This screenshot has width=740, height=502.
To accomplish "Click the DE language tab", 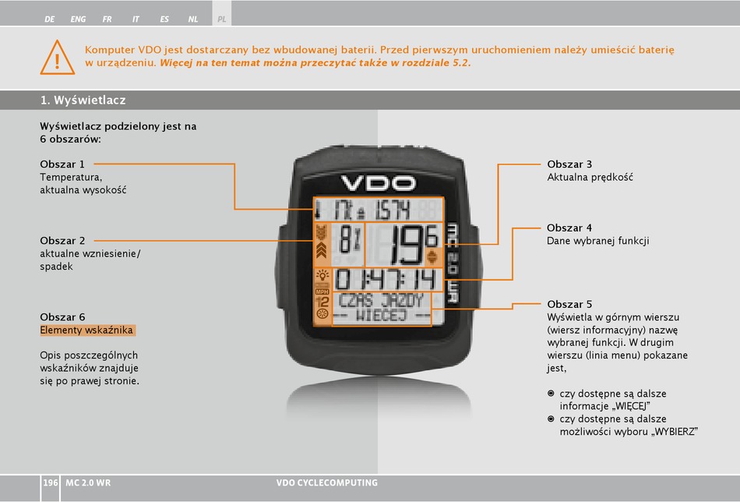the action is tap(50, 19).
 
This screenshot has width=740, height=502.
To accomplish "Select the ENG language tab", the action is tap(78, 19).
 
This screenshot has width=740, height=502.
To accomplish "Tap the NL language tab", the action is tap(193, 19).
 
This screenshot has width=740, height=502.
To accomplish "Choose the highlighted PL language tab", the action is tap(222, 19).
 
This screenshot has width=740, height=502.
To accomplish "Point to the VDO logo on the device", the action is tap(378, 182).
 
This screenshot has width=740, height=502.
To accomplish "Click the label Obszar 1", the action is tap(62, 164).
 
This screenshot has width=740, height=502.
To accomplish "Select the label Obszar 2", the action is tap(62, 240).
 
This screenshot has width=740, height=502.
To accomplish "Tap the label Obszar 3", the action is tap(569, 164).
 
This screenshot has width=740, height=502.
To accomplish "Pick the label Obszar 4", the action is tap(569, 228).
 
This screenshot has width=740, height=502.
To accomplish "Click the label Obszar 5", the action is tap(569, 304).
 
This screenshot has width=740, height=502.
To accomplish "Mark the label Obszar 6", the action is tap(62, 316).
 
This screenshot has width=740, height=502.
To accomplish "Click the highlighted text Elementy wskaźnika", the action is tap(87, 330).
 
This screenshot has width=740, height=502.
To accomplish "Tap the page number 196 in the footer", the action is tap(51, 483).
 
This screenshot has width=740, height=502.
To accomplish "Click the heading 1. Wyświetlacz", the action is tap(83, 100).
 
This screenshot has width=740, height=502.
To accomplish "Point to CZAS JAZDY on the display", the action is tap(382, 301).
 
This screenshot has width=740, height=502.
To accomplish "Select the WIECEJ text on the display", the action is tap(382, 316).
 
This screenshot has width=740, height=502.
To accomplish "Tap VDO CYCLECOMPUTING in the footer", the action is tap(327, 483).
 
